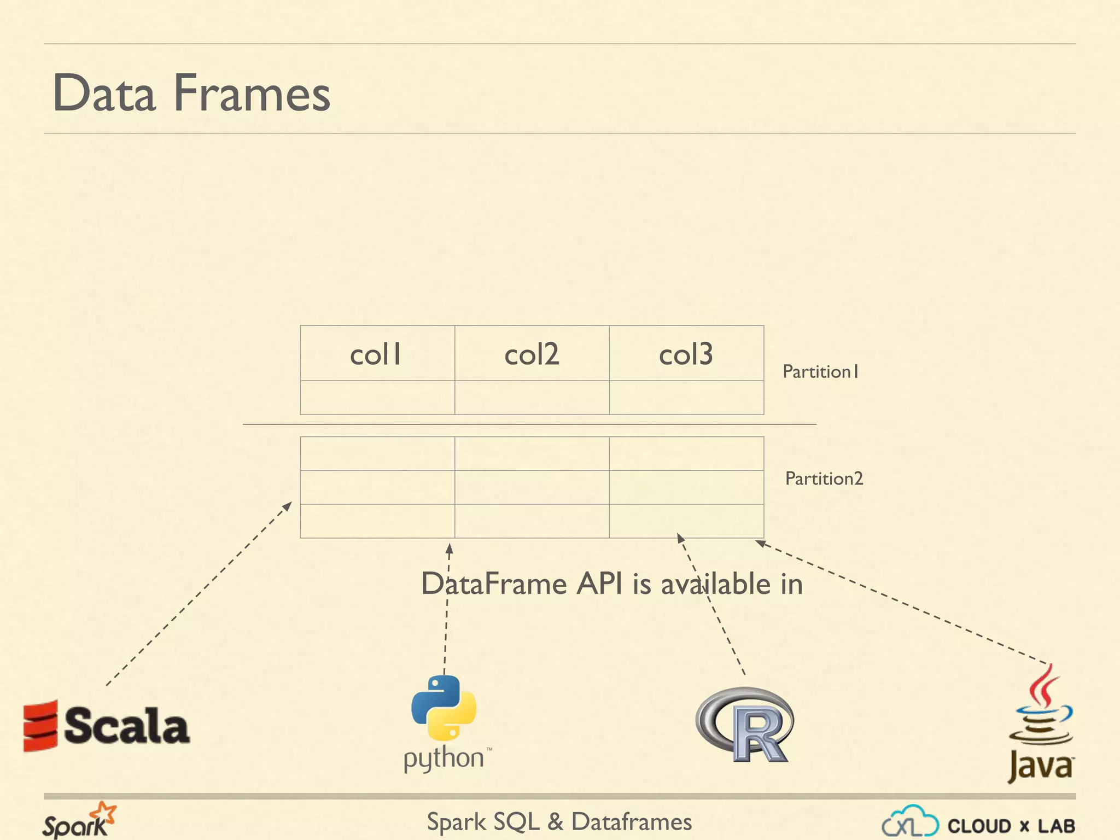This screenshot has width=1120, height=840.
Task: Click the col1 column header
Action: click(376, 354)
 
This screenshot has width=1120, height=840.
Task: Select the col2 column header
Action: click(532, 354)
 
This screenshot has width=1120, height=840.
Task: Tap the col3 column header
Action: click(686, 354)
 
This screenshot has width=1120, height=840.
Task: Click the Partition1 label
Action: click(820, 372)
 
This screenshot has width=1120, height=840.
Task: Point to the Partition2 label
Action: click(824, 479)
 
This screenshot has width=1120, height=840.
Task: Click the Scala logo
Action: click(107, 726)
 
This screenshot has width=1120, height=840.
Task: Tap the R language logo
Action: click(745, 725)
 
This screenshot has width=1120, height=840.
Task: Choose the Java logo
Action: click(1041, 725)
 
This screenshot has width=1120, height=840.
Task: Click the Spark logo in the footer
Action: click(79, 821)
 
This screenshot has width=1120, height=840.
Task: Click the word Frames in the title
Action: click(252, 93)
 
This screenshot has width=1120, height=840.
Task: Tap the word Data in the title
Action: click(104, 93)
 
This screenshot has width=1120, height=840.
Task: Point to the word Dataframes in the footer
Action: click(631, 822)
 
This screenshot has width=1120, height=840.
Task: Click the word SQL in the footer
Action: click(516, 822)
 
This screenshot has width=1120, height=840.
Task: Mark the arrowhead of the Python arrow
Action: click(449, 547)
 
